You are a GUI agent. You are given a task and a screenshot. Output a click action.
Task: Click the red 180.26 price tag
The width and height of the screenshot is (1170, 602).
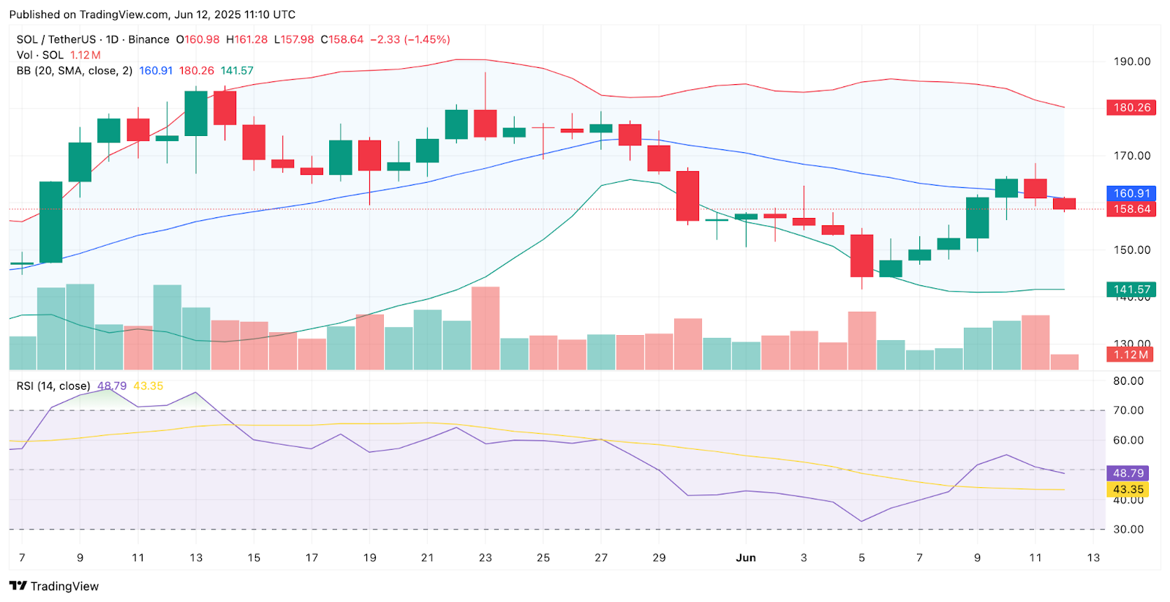(x=1131, y=108)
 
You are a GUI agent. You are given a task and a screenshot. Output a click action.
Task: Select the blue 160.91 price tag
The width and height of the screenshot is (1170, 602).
(x=1131, y=194)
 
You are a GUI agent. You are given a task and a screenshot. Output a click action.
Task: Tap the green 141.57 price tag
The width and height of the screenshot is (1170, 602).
(x=1131, y=290)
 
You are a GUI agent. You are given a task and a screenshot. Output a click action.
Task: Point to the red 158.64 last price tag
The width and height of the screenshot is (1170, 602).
(x=1131, y=209)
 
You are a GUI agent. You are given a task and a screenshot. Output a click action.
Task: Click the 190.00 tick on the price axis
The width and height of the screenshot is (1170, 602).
(x=1131, y=61)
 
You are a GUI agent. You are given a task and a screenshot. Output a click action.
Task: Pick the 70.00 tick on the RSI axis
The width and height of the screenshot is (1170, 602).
(x=1128, y=410)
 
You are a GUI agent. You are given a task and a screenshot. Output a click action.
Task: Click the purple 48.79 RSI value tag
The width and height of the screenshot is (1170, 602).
(x=1128, y=473)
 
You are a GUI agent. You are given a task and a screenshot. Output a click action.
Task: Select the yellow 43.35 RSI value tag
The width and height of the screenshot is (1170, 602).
(x=1128, y=489)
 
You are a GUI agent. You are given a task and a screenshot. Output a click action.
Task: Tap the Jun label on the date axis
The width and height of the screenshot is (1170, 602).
(x=746, y=557)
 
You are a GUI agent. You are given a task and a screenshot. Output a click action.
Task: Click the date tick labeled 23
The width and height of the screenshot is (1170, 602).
(x=486, y=557)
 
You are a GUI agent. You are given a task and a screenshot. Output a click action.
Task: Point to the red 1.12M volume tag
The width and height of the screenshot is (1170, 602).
(x=1130, y=355)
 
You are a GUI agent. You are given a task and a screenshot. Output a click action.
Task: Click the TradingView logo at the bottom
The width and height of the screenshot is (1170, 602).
(x=54, y=586)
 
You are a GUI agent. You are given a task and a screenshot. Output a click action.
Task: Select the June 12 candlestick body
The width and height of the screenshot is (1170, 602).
(x=1064, y=204)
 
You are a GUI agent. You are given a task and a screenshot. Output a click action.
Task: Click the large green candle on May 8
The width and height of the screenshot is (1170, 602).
(x=50, y=222)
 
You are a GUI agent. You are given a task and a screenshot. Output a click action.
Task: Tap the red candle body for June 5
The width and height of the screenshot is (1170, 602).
(x=861, y=255)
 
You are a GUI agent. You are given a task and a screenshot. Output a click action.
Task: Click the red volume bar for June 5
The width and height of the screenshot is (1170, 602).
(x=861, y=340)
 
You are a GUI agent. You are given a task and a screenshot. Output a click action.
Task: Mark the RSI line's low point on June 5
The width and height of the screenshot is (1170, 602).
(x=861, y=522)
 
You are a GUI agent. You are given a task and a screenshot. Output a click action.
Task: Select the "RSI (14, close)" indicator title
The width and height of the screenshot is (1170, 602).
(x=53, y=385)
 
